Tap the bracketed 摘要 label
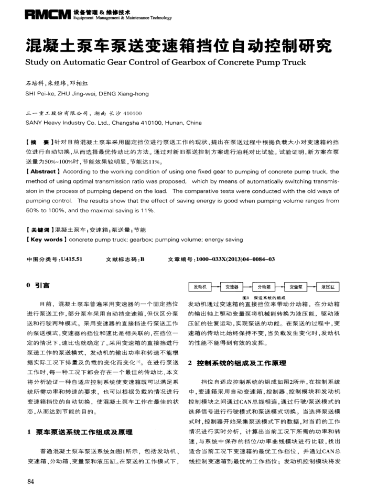(38, 142)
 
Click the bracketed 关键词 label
(39, 230)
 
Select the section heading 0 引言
(38, 286)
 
